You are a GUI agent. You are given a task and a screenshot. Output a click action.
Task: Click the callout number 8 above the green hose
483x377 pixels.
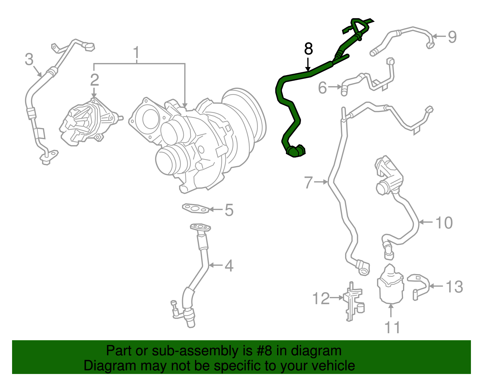(x=308, y=49)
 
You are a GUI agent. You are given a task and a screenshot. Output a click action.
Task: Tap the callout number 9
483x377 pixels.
(x=452, y=37)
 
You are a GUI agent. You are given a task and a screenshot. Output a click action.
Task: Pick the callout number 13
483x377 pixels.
(x=454, y=286)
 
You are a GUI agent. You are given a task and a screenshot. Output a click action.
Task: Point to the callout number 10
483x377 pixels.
(x=444, y=223)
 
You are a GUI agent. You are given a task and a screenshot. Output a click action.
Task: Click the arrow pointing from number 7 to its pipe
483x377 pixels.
(x=321, y=182)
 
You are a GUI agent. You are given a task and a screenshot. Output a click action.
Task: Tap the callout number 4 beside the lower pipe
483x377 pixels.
(x=229, y=266)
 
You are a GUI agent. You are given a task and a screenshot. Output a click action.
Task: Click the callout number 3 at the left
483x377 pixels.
(x=29, y=59)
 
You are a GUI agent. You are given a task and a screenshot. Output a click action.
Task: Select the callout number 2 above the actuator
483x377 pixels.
(x=94, y=80)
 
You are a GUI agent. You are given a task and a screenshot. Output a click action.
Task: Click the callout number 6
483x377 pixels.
(x=322, y=88)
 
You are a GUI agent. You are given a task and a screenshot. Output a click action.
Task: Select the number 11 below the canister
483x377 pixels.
(x=392, y=327)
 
